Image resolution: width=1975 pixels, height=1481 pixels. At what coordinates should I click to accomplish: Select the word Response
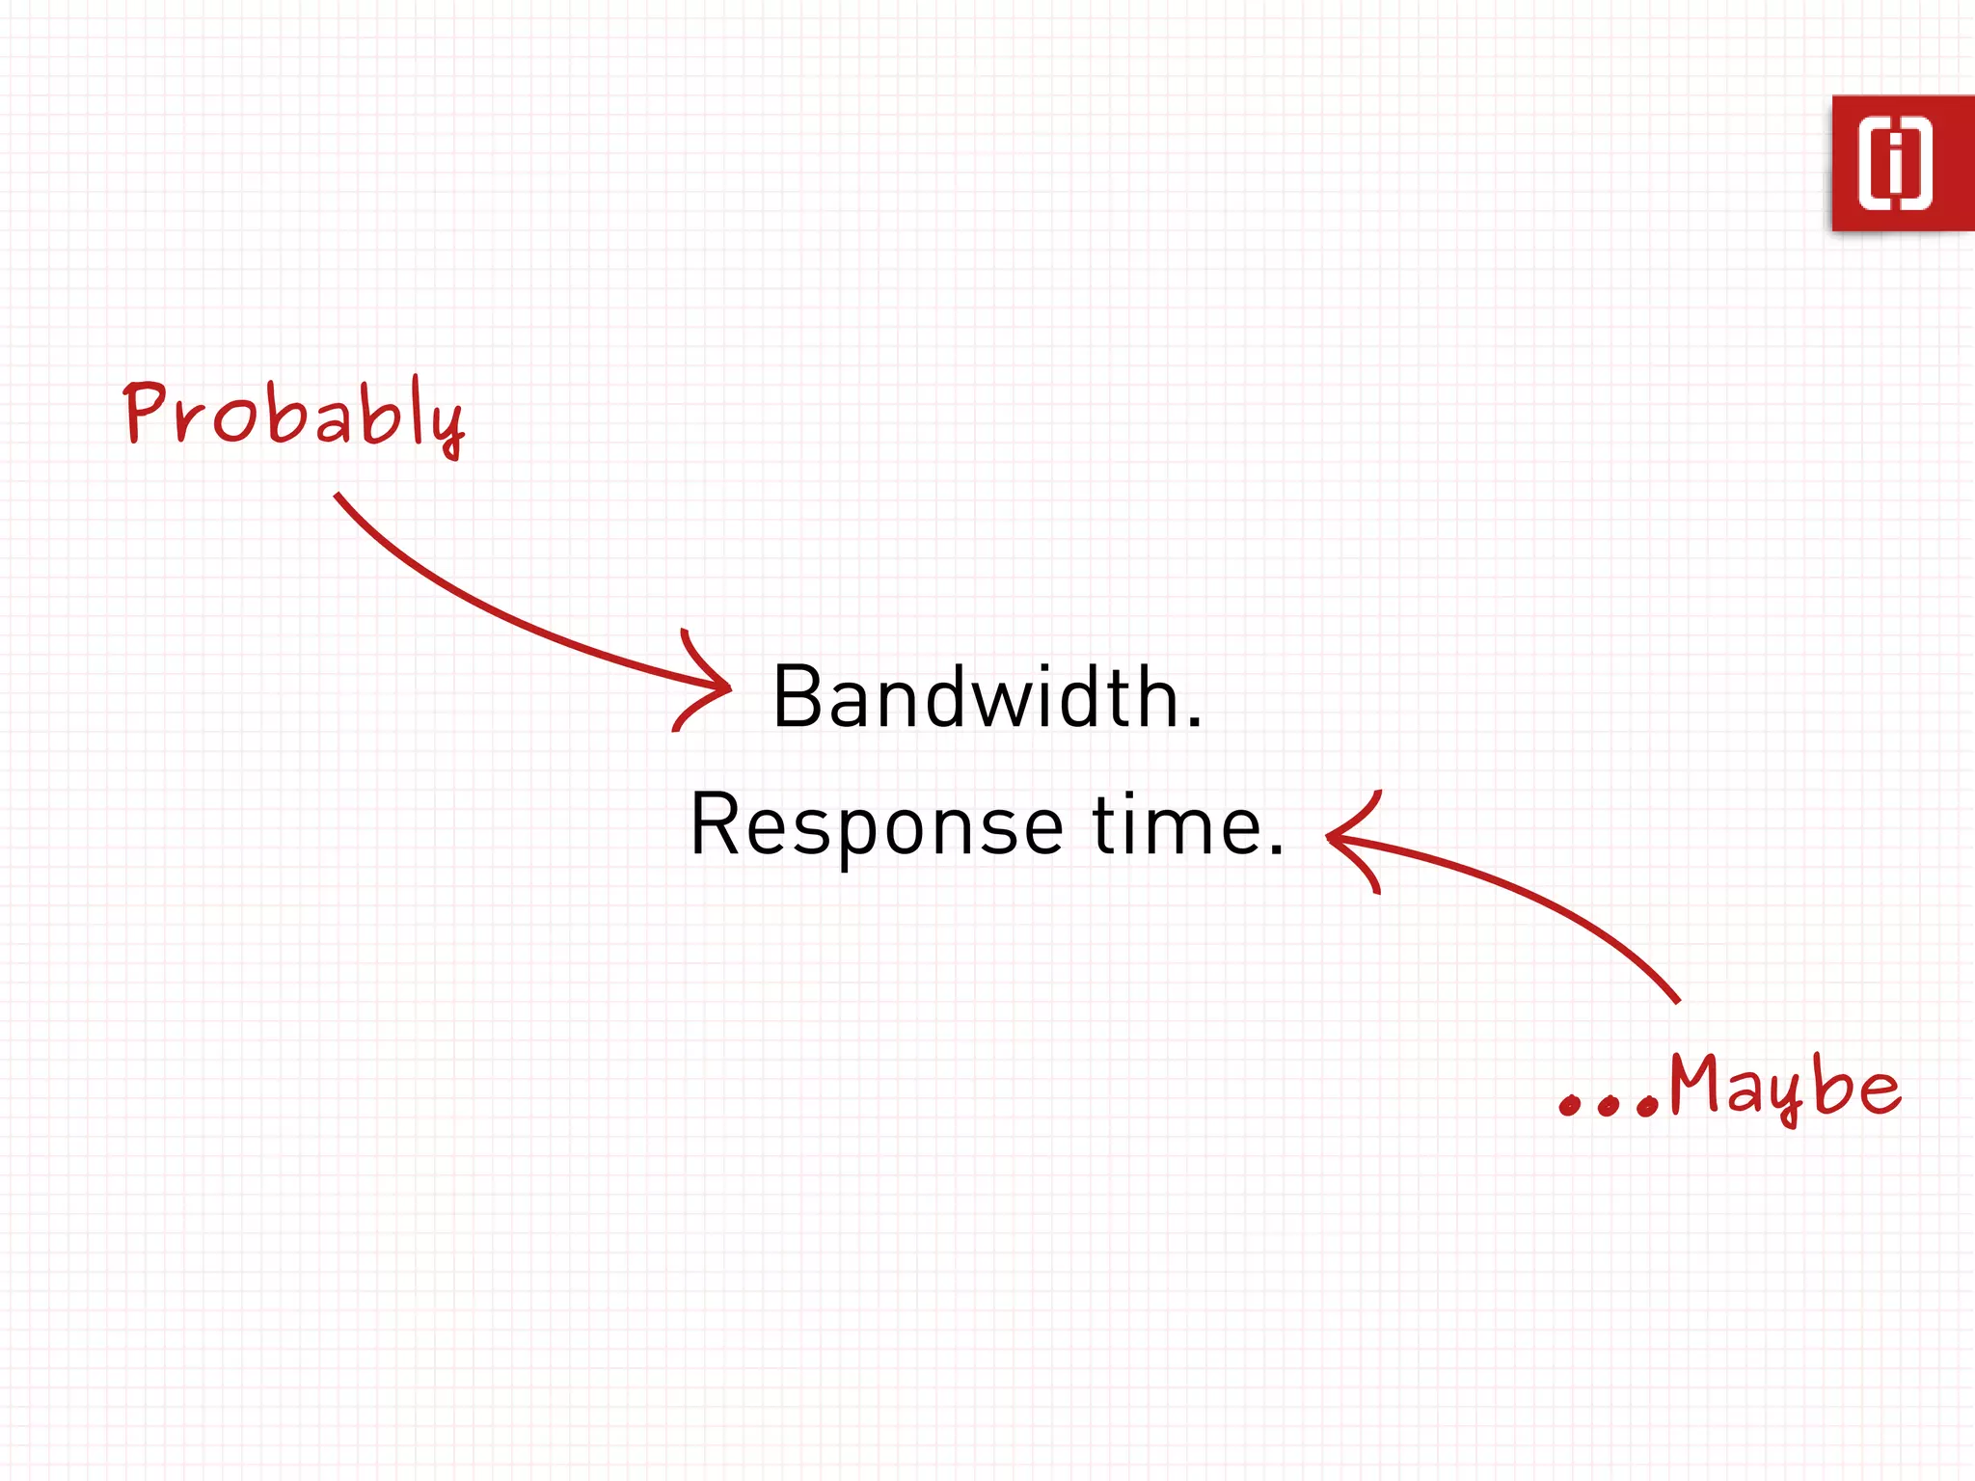pyautogui.click(x=877, y=824)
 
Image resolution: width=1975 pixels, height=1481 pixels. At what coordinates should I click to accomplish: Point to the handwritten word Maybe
pyautogui.click(x=1784, y=1088)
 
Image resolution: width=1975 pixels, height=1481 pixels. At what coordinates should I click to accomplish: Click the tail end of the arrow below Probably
pyautogui.click(x=338, y=497)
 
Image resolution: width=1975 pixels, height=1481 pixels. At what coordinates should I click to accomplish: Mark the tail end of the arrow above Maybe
pyautogui.click(x=1677, y=1001)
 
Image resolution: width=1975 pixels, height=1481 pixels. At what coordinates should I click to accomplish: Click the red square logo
pyautogui.click(x=1902, y=163)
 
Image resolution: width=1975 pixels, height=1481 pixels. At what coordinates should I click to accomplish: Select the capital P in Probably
pyautogui.click(x=146, y=413)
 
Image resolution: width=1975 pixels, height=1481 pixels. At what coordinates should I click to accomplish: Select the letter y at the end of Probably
pyautogui.click(x=448, y=429)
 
